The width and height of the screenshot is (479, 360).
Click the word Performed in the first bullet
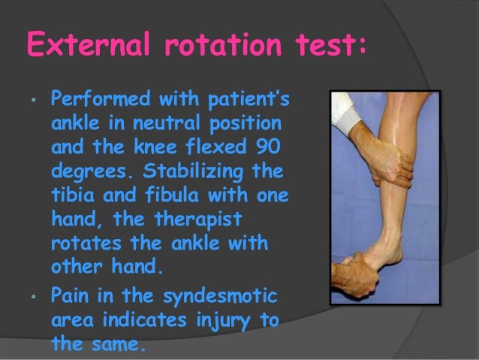[x=94, y=100]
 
